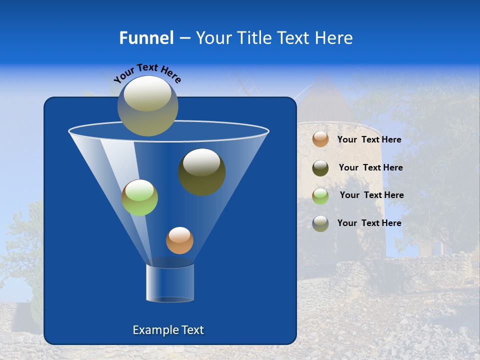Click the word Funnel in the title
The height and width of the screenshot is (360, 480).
[x=146, y=38]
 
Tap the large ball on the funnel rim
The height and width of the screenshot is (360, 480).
[x=147, y=106]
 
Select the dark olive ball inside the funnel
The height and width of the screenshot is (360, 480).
[x=201, y=171]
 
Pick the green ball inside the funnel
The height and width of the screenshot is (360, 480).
[x=139, y=197]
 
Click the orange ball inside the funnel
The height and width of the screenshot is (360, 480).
[x=179, y=240]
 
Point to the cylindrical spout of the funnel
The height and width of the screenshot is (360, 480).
[x=169, y=283]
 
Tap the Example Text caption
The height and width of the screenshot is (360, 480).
[x=168, y=330]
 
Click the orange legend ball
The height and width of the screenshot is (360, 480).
[x=320, y=139]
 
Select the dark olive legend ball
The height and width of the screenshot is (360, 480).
[x=320, y=168]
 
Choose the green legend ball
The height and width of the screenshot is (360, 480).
[x=320, y=195]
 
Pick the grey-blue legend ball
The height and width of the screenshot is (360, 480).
[x=320, y=223]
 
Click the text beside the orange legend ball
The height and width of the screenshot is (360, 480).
[x=369, y=140]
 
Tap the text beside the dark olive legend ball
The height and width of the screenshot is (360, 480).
[x=370, y=168]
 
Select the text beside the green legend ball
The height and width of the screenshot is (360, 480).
[x=371, y=195]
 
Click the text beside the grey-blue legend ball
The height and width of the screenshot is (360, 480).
[x=369, y=223]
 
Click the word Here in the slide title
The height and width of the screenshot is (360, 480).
[x=334, y=38]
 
